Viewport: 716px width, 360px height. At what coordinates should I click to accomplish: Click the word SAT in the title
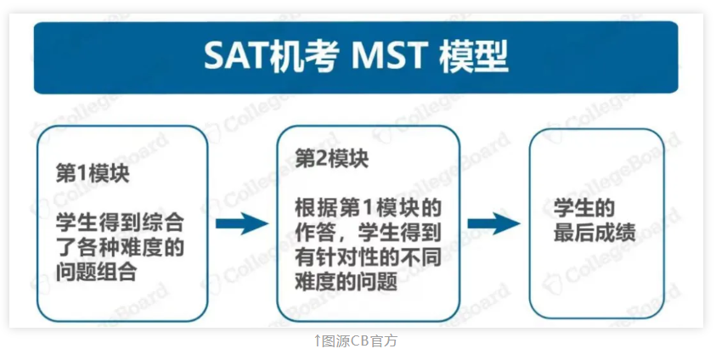click(235, 56)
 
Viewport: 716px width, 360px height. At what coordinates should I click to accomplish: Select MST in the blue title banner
click(389, 56)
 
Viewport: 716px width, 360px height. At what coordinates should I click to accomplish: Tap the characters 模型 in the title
click(474, 57)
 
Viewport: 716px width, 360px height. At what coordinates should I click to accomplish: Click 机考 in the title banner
click(304, 57)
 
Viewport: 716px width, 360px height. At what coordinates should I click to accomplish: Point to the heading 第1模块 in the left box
click(93, 174)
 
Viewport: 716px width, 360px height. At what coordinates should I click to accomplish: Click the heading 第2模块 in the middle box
click(331, 159)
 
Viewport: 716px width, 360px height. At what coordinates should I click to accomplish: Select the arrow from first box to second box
click(242, 223)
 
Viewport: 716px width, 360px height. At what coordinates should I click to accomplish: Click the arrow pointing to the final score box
click(494, 223)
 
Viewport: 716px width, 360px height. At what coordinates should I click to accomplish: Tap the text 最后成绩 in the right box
click(595, 233)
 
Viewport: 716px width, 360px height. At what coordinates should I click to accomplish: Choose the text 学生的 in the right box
click(584, 208)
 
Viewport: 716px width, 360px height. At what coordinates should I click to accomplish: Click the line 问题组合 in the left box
click(97, 272)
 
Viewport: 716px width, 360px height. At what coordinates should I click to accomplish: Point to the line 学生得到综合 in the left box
click(120, 223)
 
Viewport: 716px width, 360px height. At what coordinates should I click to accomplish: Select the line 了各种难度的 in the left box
click(120, 247)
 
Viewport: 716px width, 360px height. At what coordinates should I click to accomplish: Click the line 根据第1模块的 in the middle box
click(368, 208)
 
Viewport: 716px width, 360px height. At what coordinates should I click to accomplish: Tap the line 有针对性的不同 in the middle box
click(368, 257)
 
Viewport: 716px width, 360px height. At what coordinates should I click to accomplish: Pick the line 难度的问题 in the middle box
click(347, 282)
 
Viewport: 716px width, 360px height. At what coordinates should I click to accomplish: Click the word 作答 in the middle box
click(316, 233)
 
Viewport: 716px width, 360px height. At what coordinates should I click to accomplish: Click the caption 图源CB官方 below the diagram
click(359, 340)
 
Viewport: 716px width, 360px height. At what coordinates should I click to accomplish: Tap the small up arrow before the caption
click(318, 340)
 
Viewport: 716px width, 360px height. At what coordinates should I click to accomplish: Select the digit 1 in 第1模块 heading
click(82, 174)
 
